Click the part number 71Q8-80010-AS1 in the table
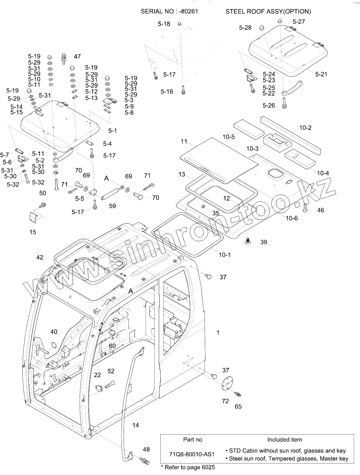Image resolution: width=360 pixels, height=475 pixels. point(192,454)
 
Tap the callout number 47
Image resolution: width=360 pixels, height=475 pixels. point(77,56)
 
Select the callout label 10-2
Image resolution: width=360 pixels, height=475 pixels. point(305,128)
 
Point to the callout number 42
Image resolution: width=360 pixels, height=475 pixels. point(40,258)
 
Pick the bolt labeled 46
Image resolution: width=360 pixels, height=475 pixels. point(305,207)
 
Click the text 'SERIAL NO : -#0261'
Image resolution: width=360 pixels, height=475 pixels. point(169,12)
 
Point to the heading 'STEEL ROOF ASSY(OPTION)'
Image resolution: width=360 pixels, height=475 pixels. point(268,12)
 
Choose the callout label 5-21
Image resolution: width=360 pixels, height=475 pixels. point(321,74)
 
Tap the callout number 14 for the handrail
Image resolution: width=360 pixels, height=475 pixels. point(135,425)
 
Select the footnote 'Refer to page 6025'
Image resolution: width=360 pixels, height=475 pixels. point(189,467)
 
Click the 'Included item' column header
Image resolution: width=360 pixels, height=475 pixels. point(284,440)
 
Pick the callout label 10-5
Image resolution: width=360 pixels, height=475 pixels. point(229,137)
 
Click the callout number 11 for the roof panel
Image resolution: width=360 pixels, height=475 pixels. point(184,141)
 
